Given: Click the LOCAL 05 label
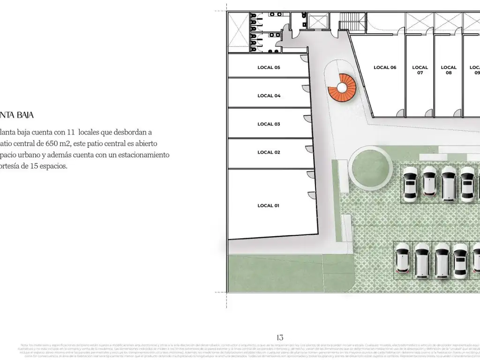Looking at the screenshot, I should (x=269, y=67).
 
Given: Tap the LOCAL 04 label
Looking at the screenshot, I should (x=269, y=96).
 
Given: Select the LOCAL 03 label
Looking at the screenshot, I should (x=269, y=124).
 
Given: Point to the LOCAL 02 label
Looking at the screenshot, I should (x=269, y=152).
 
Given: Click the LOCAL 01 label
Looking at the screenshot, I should (x=269, y=206).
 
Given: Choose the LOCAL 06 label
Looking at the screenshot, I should (x=385, y=67).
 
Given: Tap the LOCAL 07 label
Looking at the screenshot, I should (x=420, y=70).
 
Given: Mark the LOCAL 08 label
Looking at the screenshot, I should (x=449, y=70).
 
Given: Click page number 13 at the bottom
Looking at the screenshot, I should (x=280, y=337).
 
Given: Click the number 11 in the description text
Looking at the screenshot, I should (x=71, y=132).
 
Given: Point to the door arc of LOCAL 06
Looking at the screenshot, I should (x=399, y=113).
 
